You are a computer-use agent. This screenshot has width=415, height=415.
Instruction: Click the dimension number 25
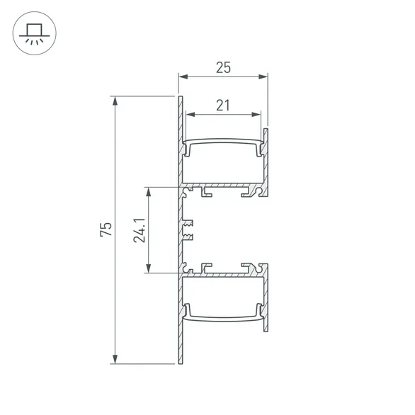tap(223, 68)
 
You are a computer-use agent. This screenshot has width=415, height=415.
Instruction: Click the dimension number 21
tap(223, 105)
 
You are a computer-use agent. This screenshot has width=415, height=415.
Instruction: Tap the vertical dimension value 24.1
tap(140, 229)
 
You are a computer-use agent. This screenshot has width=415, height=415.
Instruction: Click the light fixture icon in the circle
tap(33, 33)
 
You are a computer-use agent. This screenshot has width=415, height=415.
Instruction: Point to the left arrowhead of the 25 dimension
tap(181, 76)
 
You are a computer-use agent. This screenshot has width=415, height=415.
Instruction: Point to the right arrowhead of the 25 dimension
tap(265, 76)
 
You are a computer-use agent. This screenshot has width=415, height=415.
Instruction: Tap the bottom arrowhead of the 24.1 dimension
tap(149, 269)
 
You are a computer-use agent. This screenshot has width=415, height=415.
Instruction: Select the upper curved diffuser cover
tap(223, 144)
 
